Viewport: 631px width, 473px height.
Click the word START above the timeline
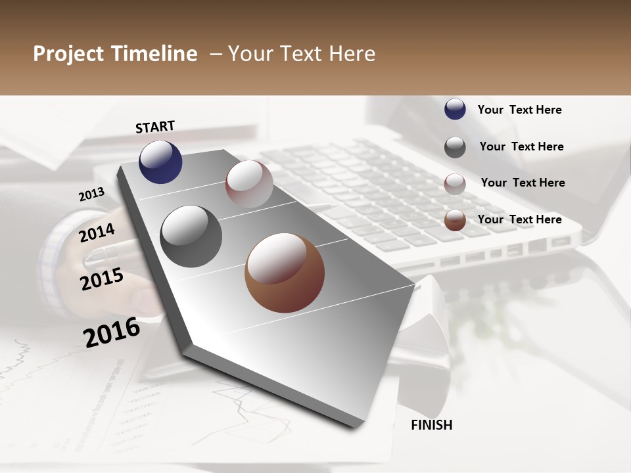(x=155, y=127)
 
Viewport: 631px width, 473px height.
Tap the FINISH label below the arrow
(x=431, y=425)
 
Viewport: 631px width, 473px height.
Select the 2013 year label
(x=91, y=194)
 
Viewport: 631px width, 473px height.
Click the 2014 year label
(x=97, y=233)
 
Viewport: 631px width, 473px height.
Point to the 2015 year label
(x=102, y=279)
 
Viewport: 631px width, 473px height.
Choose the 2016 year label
(x=112, y=332)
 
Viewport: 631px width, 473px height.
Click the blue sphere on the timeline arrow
(x=160, y=162)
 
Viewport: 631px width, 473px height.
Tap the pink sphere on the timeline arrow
(x=249, y=183)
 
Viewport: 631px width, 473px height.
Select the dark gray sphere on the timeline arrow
(x=191, y=236)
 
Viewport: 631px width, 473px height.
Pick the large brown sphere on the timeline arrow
(x=285, y=273)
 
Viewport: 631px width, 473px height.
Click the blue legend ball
(x=455, y=109)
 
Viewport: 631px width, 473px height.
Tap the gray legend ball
(x=455, y=147)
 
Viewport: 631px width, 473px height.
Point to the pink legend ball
(x=455, y=184)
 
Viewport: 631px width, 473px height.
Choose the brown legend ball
(x=455, y=220)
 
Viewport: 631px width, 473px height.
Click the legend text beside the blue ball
(x=519, y=110)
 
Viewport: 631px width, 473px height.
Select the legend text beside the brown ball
(x=519, y=219)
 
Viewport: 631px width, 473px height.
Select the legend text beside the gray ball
(x=521, y=146)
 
